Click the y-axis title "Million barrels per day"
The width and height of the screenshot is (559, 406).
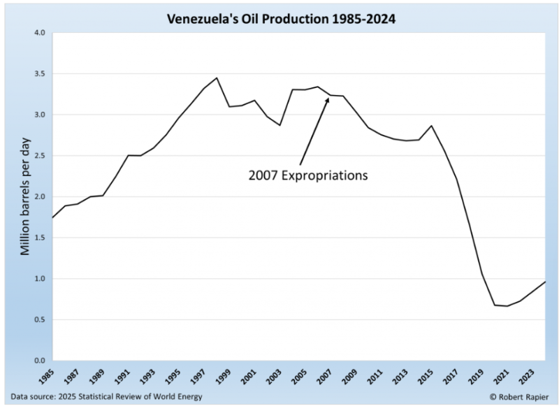coord(24,197)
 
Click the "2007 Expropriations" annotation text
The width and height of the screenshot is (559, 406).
coord(307,175)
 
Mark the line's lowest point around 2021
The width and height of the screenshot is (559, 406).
coord(488,306)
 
